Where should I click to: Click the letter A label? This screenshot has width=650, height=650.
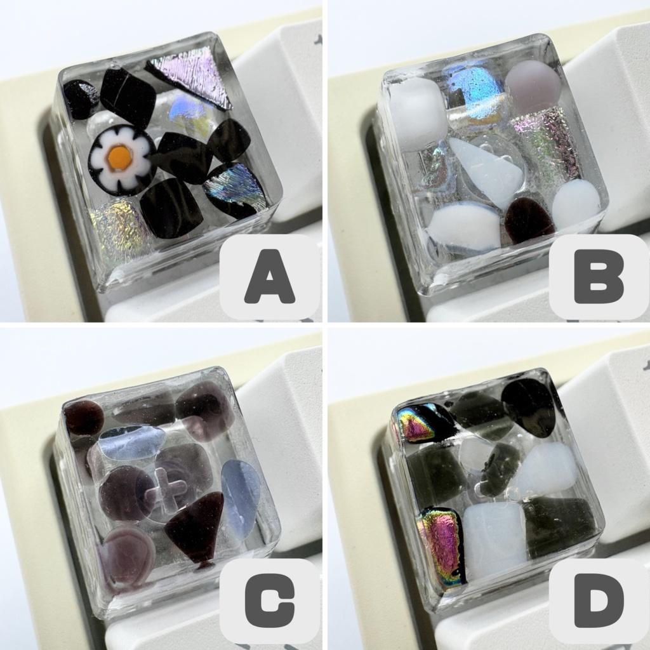270,277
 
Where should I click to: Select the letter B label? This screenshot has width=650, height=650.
599,277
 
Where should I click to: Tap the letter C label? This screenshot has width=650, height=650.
270,601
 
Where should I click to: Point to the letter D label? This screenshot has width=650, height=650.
599,601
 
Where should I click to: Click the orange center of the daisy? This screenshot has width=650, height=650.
121,157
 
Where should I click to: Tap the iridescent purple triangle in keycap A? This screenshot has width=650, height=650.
190,76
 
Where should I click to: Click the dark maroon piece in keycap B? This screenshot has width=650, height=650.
528,220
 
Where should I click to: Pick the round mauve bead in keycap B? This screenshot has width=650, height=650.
533,86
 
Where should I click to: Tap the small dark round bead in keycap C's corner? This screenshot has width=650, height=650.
83,418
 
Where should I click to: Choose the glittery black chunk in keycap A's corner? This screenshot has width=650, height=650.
81,98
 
